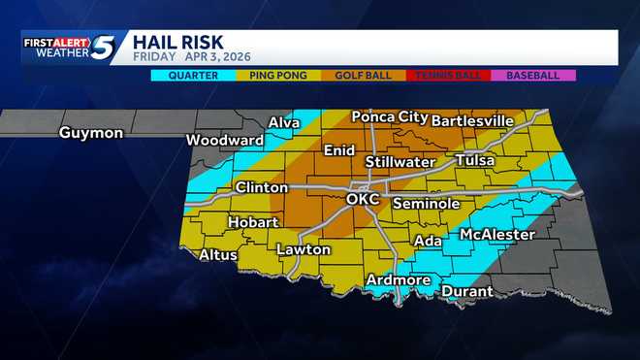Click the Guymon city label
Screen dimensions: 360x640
coord(90,133)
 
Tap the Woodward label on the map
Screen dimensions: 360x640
coord(225,140)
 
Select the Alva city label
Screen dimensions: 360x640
coord(284,122)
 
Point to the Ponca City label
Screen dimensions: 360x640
coord(389,116)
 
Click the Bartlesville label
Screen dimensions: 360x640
coord(472,120)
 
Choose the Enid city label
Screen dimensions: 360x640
coord(339,150)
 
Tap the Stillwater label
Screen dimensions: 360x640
coord(400,161)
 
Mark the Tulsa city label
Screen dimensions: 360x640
coord(474,160)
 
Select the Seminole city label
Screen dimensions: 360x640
coord(426,204)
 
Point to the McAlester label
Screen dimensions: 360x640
coord(497,235)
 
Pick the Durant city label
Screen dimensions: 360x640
coord(467,291)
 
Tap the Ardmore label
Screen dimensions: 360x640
coord(398,280)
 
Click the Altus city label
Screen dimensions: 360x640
coord(218,255)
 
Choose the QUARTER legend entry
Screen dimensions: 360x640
coord(193,75)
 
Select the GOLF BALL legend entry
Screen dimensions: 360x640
coord(364,75)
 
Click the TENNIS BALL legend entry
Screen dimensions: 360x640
coord(448,75)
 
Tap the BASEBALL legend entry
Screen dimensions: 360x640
coord(533,75)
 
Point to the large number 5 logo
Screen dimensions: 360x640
coord(104,48)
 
